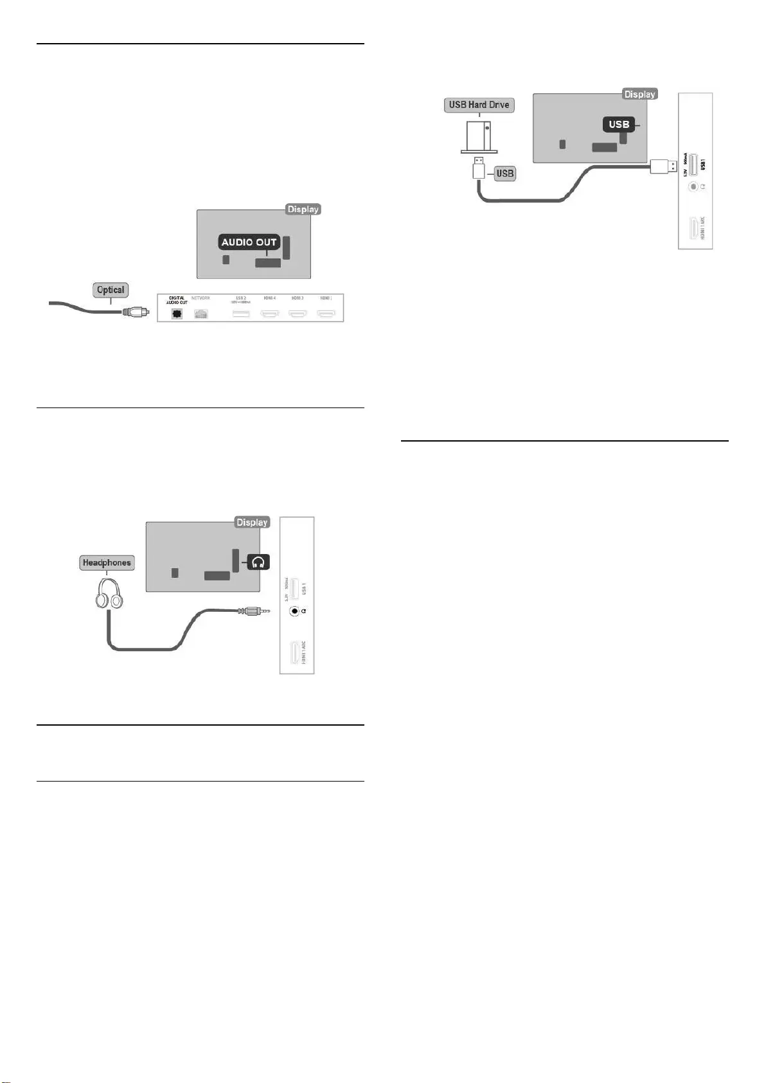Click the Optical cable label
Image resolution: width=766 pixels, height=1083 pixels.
pyautogui.click(x=111, y=290)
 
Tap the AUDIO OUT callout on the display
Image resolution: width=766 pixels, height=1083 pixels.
pyautogui.click(x=249, y=242)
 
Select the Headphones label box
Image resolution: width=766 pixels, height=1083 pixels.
pyautogui.click(x=107, y=563)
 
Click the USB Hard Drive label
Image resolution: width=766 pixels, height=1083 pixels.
pyautogui.click(x=479, y=105)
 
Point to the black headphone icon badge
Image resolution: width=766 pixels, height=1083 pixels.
pyautogui.click(x=258, y=562)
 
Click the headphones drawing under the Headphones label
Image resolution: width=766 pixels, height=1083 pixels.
pyautogui.click(x=109, y=593)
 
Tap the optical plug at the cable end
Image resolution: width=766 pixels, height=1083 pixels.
pyautogui.click(x=136, y=312)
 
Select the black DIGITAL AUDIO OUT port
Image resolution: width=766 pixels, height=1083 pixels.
pyautogui.click(x=176, y=314)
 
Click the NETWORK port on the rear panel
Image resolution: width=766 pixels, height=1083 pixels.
pyautogui.click(x=201, y=314)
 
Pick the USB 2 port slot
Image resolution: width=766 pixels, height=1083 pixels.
pyautogui.click(x=240, y=314)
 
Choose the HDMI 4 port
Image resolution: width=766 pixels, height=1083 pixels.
pyautogui.click(x=270, y=314)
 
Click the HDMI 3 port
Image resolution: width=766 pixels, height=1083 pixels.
pyautogui.click(x=298, y=314)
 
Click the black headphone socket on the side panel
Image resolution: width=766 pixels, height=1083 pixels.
pyautogui.click(x=294, y=611)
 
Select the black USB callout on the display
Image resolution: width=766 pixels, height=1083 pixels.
pyautogui.click(x=619, y=124)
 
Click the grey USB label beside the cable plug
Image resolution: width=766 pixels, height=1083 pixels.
pyautogui.click(x=505, y=174)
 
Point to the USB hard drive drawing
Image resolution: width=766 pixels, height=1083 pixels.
pyautogui.click(x=479, y=136)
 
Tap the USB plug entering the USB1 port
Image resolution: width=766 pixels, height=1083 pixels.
pyautogui.click(x=663, y=166)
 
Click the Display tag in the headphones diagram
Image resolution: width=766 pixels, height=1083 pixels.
pyautogui.click(x=252, y=523)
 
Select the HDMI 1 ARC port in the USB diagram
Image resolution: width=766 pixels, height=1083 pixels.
pyautogui.click(x=694, y=228)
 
